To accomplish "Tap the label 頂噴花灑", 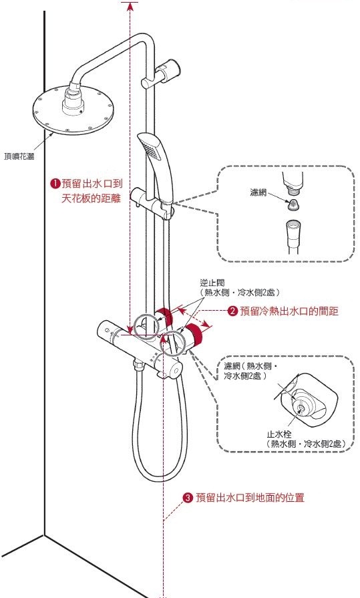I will (x=20, y=156).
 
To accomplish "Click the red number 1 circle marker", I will (x=56, y=183).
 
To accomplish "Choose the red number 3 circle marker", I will (x=188, y=498).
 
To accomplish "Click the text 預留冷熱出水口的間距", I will (x=289, y=310).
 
